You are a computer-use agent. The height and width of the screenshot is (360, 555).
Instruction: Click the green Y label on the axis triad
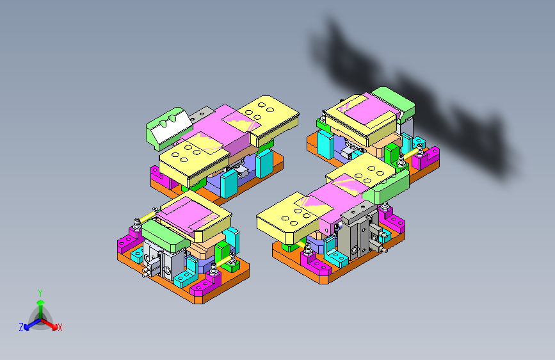tap(40, 292)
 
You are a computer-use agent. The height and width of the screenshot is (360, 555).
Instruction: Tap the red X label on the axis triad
tap(60, 328)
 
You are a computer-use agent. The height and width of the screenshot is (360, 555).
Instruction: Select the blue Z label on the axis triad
tap(21, 327)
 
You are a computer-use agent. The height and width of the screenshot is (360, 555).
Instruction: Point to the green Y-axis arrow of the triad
tap(40, 304)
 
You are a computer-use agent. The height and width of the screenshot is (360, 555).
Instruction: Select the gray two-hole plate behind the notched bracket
tap(203, 113)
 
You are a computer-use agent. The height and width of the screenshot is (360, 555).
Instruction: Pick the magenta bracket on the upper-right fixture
tap(426, 158)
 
